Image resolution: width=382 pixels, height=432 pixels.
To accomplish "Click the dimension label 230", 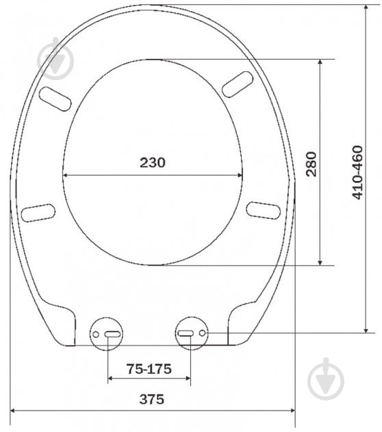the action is (153, 163).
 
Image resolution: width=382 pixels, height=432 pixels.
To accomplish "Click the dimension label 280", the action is (311, 164).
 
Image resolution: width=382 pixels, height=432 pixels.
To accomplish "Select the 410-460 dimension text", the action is (357, 173).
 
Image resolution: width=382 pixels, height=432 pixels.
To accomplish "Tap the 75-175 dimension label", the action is (149, 369).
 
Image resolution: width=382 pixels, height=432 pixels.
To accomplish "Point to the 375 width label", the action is (151, 399).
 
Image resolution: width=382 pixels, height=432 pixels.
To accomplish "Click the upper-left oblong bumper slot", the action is (55, 99).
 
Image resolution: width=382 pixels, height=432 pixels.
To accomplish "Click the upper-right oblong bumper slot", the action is (238, 84).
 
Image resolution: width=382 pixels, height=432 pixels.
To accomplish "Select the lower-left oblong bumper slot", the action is (38, 213).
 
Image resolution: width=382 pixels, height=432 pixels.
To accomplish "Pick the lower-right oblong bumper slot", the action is (263, 211).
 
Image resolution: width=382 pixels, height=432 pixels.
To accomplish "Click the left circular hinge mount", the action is (106, 334).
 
